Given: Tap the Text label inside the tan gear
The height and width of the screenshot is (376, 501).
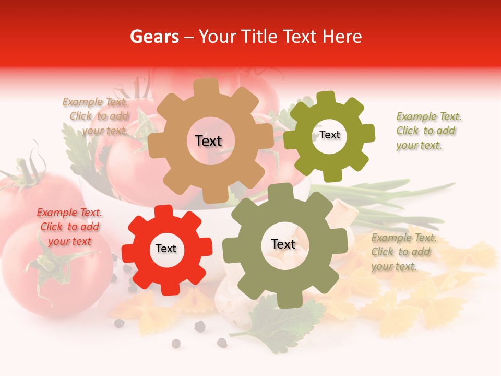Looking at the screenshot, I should click(x=208, y=141).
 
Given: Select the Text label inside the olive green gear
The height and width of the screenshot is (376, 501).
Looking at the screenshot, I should click(x=329, y=135).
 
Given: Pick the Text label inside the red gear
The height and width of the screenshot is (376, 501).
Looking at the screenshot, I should click(x=166, y=249).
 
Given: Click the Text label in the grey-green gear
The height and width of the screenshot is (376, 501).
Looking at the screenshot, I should click(x=283, y=244).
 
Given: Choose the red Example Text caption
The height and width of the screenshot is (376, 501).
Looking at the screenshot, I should click(x=69, y=227).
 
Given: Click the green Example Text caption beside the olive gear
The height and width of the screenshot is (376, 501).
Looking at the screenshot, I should click(x=428, y=131).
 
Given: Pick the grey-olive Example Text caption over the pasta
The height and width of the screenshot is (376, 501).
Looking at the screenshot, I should click(x=403, y=252).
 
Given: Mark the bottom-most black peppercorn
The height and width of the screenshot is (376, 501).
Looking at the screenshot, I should click(x=176, y=343).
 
